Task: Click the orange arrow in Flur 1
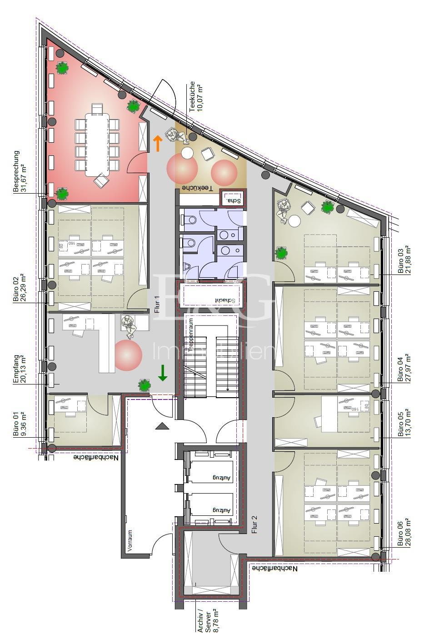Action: coord(157,143)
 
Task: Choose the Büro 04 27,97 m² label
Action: coord(404,368)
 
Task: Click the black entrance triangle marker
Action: coord(162,426)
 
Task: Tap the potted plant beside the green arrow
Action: coord(145,385)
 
